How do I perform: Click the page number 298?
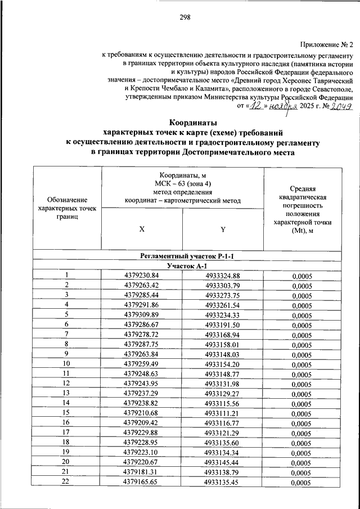tap(185, 17)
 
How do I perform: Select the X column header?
tap(142, 229)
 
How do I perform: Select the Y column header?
tap(223, 229)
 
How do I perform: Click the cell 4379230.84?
tap(142, 276)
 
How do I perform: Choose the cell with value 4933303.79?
tap(223, 285)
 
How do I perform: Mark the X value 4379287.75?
tap(142, 344)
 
